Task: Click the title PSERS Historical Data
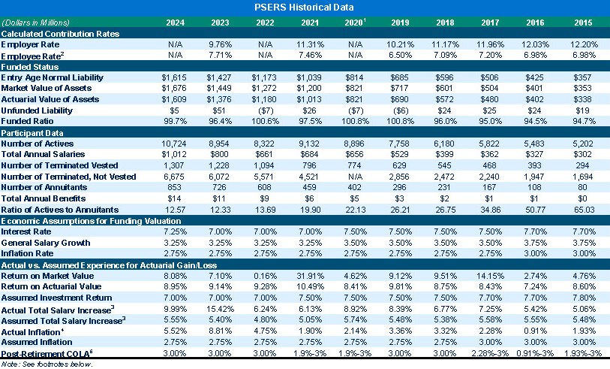pyautogui.click(x=305, y=7)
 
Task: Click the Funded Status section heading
pyautogui.click(x=30, y=66)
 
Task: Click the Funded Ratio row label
pyautogui.click(x=28, y=120)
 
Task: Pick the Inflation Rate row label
pyautogui.click(x=29, y=253)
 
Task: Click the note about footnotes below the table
pyautogui.click(x=47, y=363)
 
